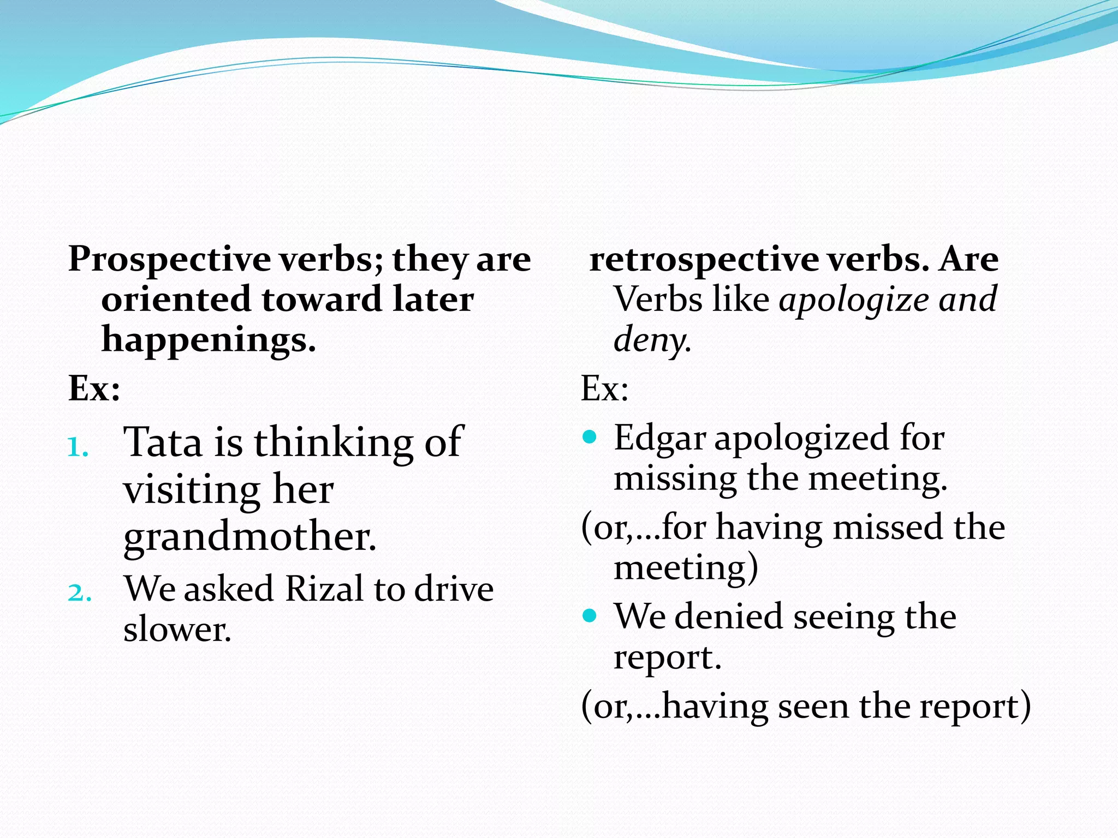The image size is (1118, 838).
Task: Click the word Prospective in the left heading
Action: (x=169, y=259)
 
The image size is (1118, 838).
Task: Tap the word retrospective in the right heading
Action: (x=704, y=259)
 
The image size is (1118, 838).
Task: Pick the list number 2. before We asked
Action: (x=79, y=592)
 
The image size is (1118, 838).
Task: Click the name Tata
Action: (x=163, y=441)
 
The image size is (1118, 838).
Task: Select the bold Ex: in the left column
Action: (x=94, y=388)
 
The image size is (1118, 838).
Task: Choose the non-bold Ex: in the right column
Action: (x=604, y=388)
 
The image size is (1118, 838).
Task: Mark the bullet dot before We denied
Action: (x=589, y=616)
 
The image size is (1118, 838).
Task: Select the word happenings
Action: (x=209, y=340)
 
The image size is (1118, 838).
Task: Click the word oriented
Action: (x=176, y=300)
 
